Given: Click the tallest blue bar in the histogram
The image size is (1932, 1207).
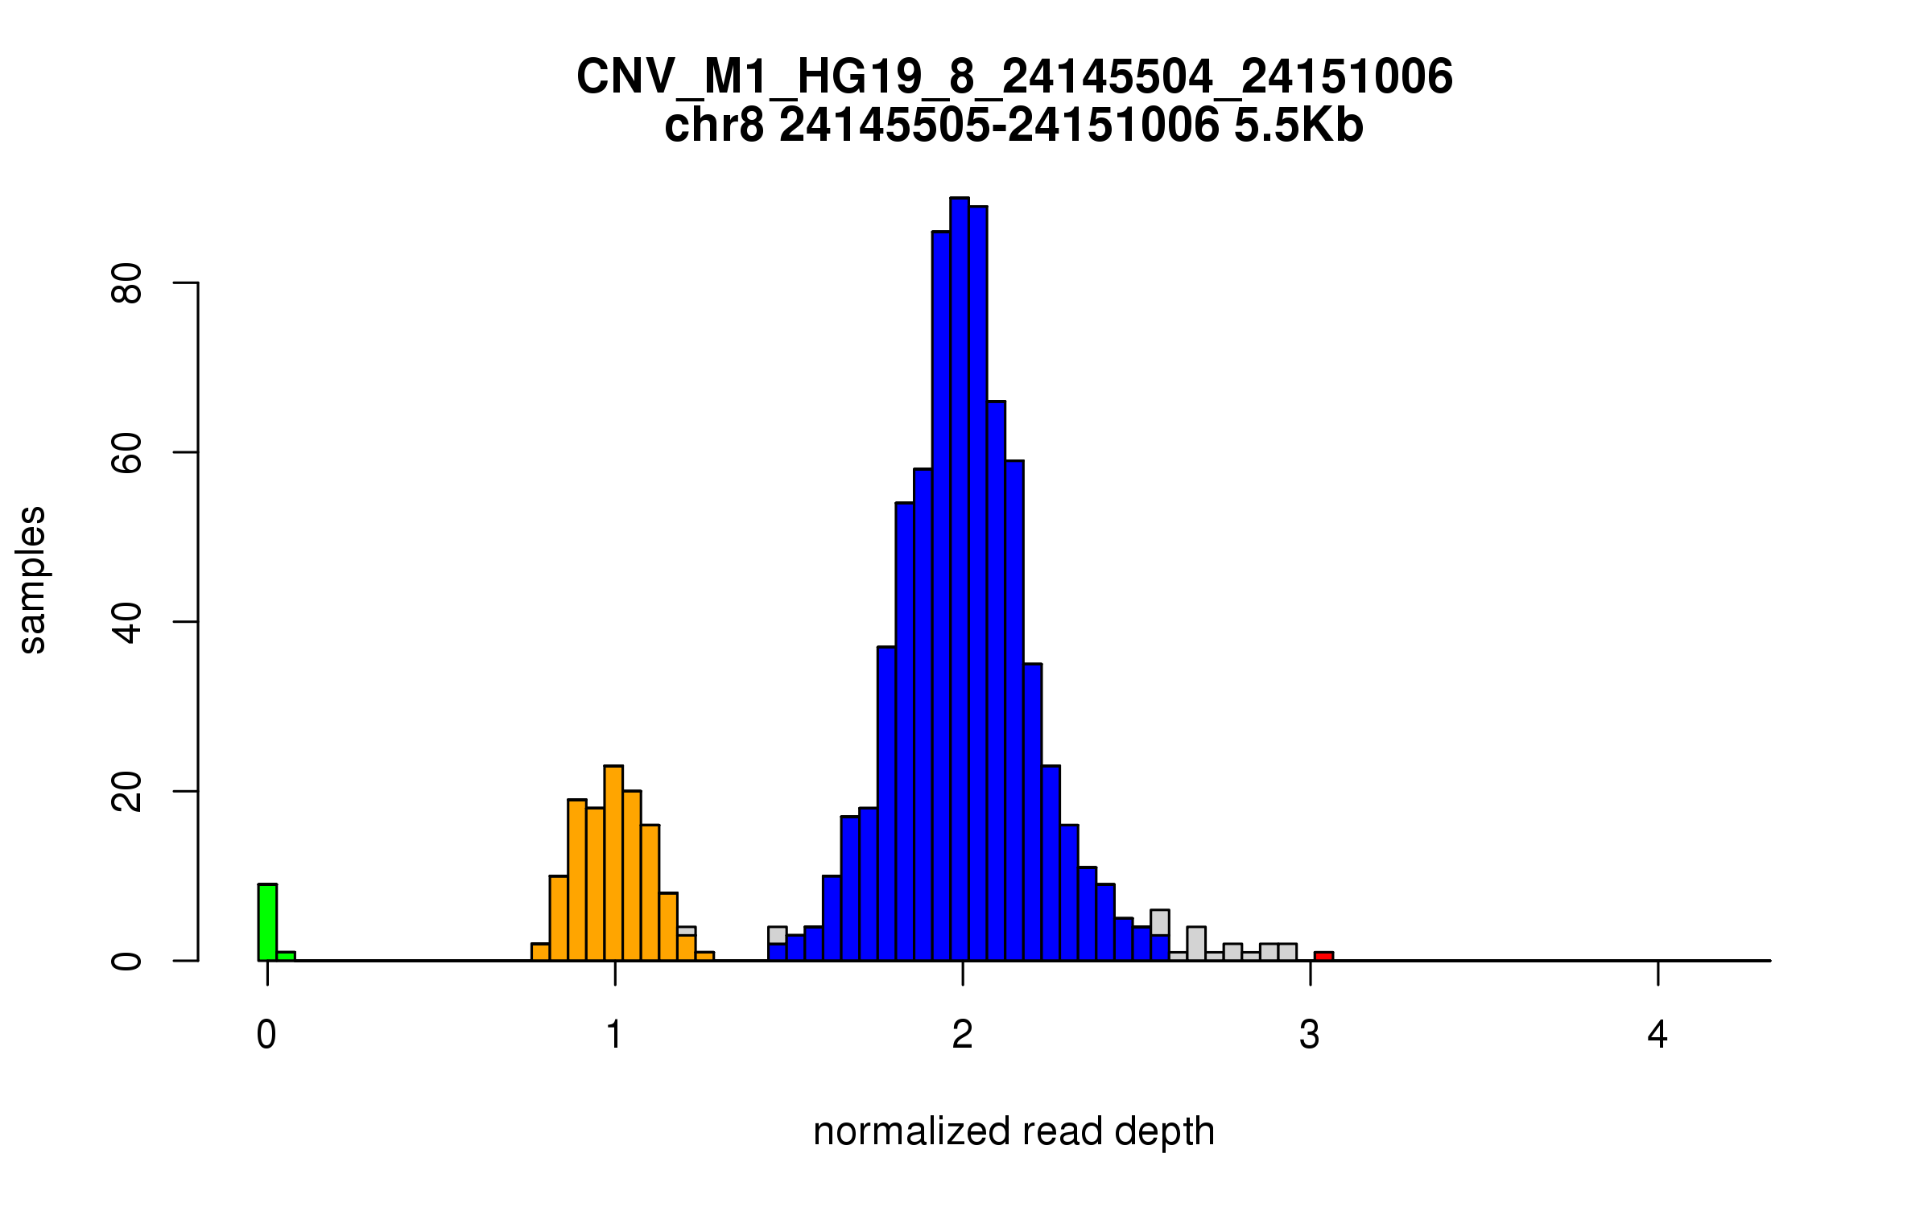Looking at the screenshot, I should pyautogui.click(x=959, y=579).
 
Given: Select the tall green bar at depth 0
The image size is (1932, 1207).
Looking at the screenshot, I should pyautogui.click(x=267, y=922).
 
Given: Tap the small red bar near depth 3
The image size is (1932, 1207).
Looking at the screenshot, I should pyautogui.click(x=1323, y=956).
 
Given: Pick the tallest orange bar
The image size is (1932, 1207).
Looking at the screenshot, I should pyautogui.click(x=613, y=863).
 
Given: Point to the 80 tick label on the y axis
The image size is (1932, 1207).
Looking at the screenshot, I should pyautogui.click(x=127, y=283).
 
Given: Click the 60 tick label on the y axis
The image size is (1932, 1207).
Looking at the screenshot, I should pyautogui.click(x=127, y=452).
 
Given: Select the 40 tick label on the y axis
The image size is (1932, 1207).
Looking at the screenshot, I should pyautogui.click(x=127, y=622).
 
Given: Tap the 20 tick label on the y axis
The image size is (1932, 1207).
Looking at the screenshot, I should pyautogui.click(x=127, y=791).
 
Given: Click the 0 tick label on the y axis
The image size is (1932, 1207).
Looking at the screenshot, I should pyautogui.click(x=127, y=961).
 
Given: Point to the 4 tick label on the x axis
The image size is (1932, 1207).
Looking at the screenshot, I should pyautogui.click(x=1657, y=1035).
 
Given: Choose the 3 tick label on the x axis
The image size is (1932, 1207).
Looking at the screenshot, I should pyautogui.click(x=1310, y=1035).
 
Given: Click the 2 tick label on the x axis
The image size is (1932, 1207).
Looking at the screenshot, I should pyautogui.click(x=963, y=1035).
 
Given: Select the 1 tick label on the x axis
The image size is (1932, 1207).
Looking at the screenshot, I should pyautogui.click(x=615, y=1035).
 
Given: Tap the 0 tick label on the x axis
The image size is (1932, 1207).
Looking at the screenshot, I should pyautogui.click(x=266, y=1035).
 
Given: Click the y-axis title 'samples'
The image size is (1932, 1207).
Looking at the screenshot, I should pyautogui.click(x=32, y=579).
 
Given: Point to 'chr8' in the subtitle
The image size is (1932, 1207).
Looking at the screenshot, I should pyautogui.click(x=713, y=126).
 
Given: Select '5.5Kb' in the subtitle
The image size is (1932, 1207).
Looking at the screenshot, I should pyautogui.click(x=1298, y=126).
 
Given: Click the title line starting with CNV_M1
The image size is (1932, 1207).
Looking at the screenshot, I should pyautogui.click(x=1014, y=77).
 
